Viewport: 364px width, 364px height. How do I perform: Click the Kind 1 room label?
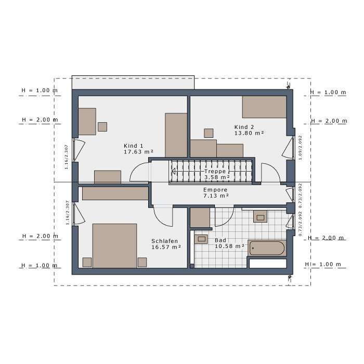(133, 146)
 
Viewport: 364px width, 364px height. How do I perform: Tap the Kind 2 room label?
(244, 127)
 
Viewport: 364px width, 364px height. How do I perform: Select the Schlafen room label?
(165, 241)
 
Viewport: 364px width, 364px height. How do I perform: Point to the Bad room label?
(220, 240)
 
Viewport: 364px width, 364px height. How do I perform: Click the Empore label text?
(215, 190)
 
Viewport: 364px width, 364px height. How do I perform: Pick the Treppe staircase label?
(215, 171)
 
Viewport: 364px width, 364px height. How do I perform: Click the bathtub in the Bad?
(267, 248)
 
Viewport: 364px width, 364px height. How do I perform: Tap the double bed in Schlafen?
(114, 245)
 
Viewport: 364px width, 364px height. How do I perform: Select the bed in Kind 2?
(264, 107)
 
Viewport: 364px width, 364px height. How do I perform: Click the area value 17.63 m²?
(137, 152)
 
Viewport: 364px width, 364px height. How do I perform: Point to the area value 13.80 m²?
(249, 134)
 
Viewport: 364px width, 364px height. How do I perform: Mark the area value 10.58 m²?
(229, 246)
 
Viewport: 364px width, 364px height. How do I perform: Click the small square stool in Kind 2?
(209, 133)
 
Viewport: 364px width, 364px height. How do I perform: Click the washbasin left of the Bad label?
(201, 239)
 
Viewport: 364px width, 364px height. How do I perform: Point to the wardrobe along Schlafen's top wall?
(115, 193)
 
